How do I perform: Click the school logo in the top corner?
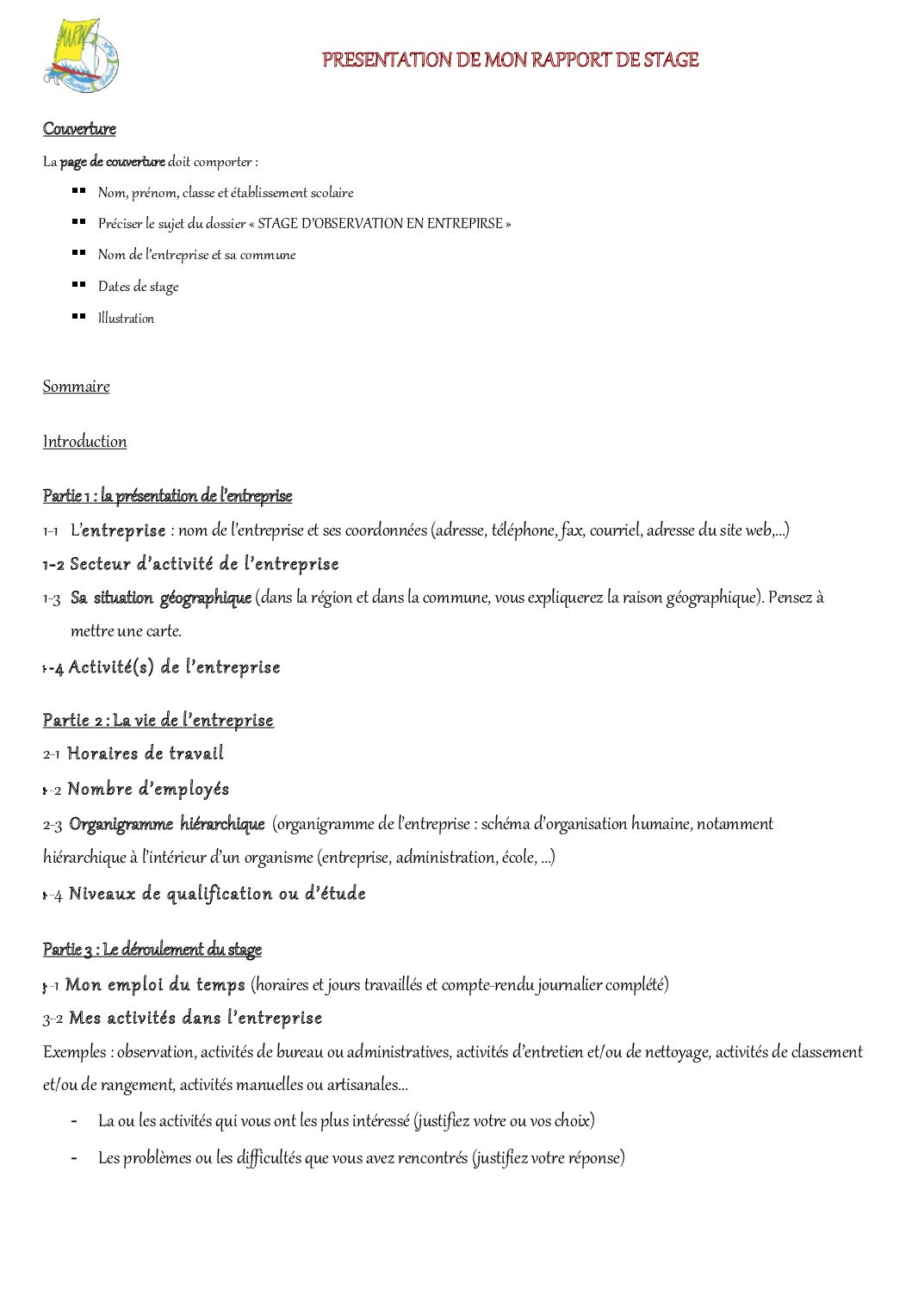[x=81, y=56]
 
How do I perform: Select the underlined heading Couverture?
[x=79, y=129]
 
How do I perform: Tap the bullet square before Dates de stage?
[x=78, y=284]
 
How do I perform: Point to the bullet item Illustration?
[x=126, y=319]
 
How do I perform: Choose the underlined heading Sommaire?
[x=77, y=387]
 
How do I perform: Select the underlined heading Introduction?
[x=84, y=442]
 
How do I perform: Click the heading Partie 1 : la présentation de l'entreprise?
[x=167, y=496]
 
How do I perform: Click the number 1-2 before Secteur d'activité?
[x=53, y=565]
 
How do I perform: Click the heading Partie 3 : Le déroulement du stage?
[x=152, y=950]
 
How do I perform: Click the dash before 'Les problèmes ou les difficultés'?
[x=74, y=1158]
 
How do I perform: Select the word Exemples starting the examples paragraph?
[x=75, y=1052]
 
